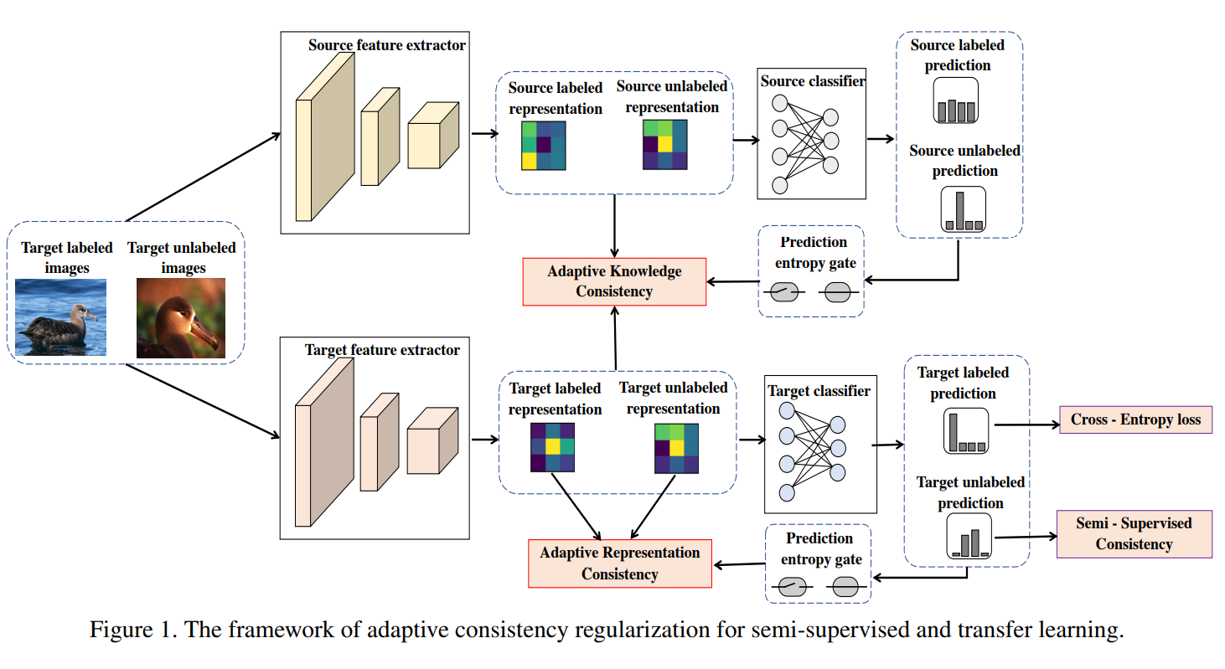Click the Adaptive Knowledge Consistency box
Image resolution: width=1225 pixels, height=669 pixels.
[614, 281]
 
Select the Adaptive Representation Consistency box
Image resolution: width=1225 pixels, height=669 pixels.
[619, 564]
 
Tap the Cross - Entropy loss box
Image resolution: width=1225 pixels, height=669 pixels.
[1135, 419]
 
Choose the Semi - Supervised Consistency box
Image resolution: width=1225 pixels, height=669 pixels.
[1134, 533]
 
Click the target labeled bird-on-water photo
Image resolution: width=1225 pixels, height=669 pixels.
[61, 317]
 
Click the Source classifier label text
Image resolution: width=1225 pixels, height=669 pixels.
[812, 81]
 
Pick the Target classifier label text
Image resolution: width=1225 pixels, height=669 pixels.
[819, 390]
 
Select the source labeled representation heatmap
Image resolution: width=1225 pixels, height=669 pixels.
[543, 146]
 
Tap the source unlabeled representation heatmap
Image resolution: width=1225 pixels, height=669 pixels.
[665, 145]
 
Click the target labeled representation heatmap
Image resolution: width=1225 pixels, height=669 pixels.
[551, 448]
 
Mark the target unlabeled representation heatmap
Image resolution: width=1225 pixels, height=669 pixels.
[676, 449]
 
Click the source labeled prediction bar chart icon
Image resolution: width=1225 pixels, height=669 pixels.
[956, 100]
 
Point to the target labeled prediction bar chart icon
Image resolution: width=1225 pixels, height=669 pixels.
[965, 431]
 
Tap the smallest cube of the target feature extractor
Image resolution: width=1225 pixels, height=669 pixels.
[432, 441]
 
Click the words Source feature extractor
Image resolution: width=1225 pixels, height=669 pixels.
[386, 45]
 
